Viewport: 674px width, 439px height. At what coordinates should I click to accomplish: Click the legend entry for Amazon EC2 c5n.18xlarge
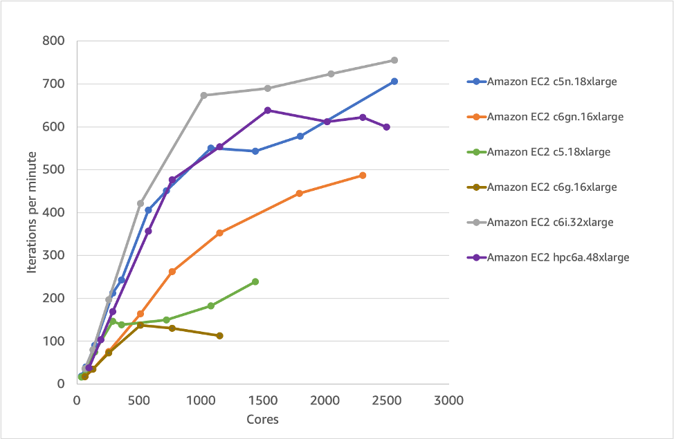coord(552,81)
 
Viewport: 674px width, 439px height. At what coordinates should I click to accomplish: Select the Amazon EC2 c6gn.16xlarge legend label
coord(555,116)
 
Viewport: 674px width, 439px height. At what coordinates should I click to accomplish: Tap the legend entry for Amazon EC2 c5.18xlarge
coord(549,151)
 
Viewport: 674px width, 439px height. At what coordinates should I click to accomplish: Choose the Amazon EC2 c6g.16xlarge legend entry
coord(552,187)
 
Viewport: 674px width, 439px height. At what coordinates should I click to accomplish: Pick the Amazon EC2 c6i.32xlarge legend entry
coord(550,222)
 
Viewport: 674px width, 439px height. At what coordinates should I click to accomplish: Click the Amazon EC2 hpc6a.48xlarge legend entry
coord(558,257)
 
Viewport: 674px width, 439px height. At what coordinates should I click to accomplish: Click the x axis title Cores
coord(262,419)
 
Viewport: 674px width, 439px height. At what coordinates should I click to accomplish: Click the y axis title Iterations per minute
coord(32,212)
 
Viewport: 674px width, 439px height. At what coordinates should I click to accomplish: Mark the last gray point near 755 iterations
coord(394,60)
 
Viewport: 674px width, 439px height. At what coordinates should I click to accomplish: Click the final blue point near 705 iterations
coord(394,82)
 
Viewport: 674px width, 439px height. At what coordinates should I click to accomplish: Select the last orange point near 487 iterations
coord(363,176)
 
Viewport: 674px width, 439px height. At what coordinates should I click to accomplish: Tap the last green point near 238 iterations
coord(255,281)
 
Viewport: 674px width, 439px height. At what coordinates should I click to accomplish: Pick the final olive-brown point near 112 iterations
coord(220,335)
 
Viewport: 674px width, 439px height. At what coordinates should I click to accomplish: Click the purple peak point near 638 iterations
coord(268,110)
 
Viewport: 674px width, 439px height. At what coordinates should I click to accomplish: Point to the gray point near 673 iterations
coord(204,95)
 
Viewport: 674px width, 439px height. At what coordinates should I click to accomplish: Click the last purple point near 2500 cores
coord(386,127)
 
